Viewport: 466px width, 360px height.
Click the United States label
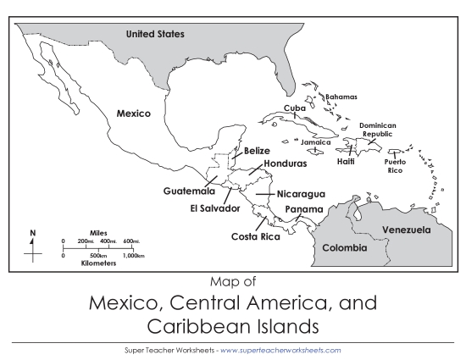(155, 34)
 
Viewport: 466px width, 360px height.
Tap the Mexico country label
(133, 113)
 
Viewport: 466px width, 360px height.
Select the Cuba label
(295, 108)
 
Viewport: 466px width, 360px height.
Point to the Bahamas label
(341, 97)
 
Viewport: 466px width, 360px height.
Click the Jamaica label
(315, 142)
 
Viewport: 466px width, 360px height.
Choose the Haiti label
(346, 161)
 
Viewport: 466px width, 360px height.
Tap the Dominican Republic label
(378, 130)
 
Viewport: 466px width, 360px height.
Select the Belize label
(257, 151)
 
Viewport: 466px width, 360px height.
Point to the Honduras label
(284, 163)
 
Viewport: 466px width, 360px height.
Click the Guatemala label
(189, 191)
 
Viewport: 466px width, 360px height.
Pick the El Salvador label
(215, 208)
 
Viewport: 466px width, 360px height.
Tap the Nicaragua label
(301, 194)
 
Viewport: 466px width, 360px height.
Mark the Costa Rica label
(255, 236)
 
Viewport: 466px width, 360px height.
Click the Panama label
(303, 209)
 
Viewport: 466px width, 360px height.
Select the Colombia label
(344, 248)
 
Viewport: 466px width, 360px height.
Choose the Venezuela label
(406, 230)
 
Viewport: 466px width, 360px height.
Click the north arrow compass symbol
(33, 246)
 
